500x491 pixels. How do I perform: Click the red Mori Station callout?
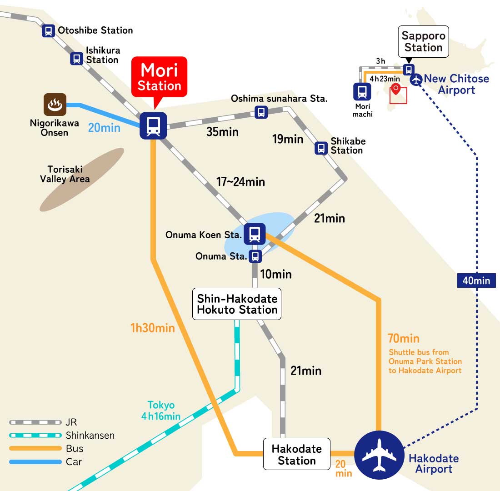tap(159, 77)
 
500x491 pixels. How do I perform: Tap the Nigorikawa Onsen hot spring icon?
tap(55, 105)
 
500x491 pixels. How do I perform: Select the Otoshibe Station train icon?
tap(48, 31)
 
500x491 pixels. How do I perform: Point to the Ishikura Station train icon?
tap(76, 58)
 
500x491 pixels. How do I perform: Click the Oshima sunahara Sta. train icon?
tap(261, 112)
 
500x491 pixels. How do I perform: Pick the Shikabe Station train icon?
tap(321, 148)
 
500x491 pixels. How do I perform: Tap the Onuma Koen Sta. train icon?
tap(255, 234)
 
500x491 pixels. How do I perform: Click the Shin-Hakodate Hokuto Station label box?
tap(237, 304)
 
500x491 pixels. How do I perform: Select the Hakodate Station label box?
tap(296, 454)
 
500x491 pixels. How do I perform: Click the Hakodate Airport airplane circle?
tap(379, 455)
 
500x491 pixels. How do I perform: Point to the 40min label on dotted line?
tap(476, 281)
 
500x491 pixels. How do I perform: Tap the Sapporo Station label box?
tap(424, 41)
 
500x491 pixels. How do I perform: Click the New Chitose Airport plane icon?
tap(416, 80)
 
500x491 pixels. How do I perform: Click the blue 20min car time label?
tap(104, 128)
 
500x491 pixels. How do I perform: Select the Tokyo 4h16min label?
tap(161, 410)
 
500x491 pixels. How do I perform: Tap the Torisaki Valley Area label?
tap(65, 174)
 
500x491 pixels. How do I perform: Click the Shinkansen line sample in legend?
tap(35, 435)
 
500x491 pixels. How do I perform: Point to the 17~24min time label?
tap(240, 182)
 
